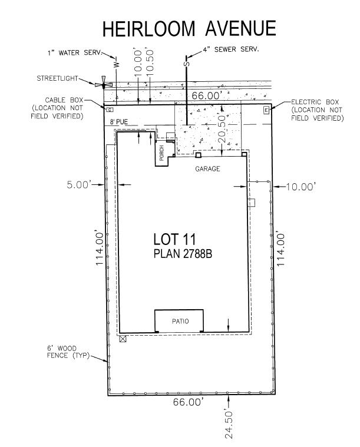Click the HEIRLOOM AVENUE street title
coord(189,28)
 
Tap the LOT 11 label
coord(174,239)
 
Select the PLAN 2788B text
coord(183,253)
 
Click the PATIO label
coord(180,322)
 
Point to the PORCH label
coord(161,153)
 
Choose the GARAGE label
coord(207,169)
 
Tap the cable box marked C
coord(110,110)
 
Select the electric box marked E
coord(266,110)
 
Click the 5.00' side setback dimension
coord(79,185)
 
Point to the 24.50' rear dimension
coord(229,425)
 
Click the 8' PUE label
coord(119,122)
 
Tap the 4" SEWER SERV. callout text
coord(231,49)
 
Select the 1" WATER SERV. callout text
coord(74,53)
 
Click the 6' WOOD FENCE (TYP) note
coord(68,352)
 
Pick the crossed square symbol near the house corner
coord(123,339)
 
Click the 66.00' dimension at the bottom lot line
coord(189,402)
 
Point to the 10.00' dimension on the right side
coord(300,187)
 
